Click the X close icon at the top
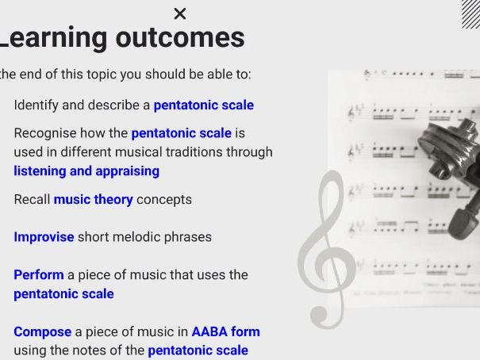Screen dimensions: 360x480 (180, 13)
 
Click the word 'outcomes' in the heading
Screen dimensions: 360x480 (180, 37)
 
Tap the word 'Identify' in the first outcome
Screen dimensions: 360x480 (36, 105)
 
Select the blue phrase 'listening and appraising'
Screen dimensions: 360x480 (86, 170)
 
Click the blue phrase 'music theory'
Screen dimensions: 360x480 (93, 199)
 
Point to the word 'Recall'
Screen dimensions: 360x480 (32, 199)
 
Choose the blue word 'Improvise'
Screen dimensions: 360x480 (44, 236)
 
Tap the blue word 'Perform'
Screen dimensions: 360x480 (38, 274)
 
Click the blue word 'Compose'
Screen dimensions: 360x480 (42, 331)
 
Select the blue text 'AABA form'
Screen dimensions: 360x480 (225, 331)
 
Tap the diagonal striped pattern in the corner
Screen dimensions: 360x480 (470, 13)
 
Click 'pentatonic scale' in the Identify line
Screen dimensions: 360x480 (203, 105)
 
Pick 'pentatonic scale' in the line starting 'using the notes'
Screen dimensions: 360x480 (198, 350)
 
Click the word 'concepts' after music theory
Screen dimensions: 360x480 (163, 199)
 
